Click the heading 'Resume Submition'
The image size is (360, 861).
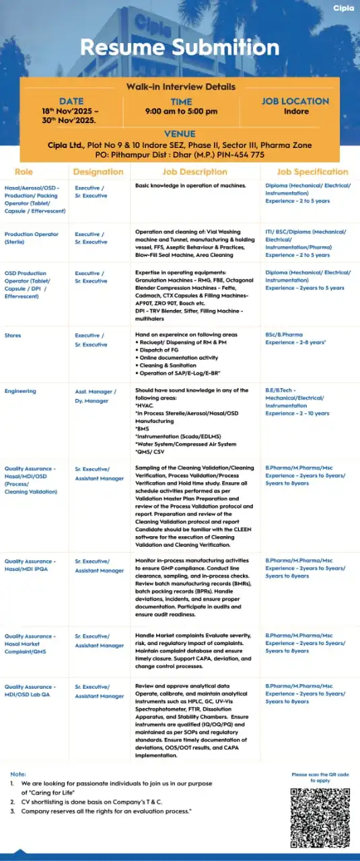[180, 47]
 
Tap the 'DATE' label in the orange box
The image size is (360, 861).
[71, 102]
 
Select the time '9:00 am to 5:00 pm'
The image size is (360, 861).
[182, 112]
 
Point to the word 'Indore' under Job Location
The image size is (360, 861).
[296, 112]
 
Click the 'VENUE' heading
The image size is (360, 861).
[180, 134]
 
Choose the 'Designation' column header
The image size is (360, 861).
[98, 172]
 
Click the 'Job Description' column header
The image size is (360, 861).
[195, 172]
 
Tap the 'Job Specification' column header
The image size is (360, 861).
[312, 172]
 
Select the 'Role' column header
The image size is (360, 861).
[24, 172]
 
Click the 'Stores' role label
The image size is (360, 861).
[13, 335]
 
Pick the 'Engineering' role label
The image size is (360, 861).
[20, 391]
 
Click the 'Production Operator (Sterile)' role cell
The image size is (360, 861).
[32, 238]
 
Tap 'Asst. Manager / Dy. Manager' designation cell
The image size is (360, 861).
[96, 396]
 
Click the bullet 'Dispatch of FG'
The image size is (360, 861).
[161, 350]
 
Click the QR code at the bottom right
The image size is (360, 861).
[320, 818]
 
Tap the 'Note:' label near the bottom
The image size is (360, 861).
[18, 774]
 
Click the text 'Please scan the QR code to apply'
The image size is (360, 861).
[320, 778]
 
